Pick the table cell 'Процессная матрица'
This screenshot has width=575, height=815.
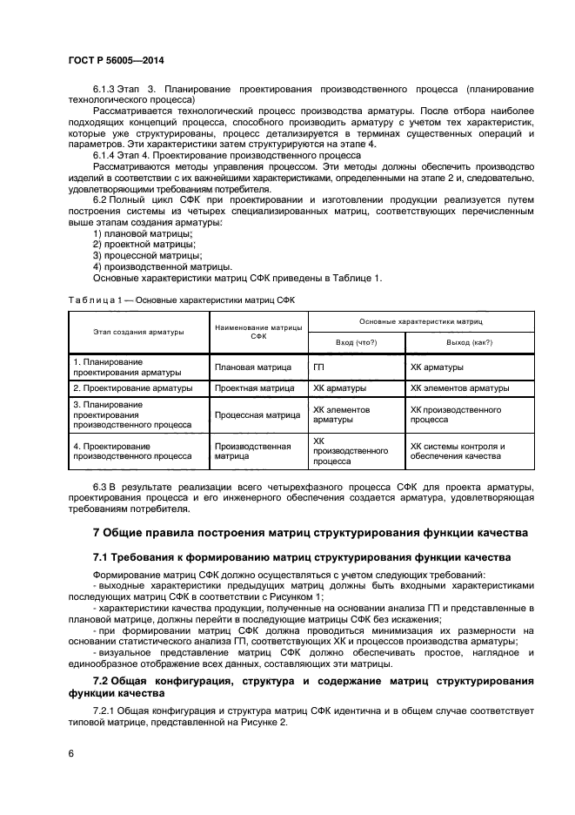tap(257, 415)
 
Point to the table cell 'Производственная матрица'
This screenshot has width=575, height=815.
tap(252, 450)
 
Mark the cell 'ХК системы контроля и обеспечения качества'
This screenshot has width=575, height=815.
tap(458, 450)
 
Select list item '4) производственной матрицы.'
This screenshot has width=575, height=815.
tap(162, 266)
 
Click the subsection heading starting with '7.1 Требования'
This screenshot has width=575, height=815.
tap(302, 556)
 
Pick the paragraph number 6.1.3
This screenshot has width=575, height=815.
tap(104, 90)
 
